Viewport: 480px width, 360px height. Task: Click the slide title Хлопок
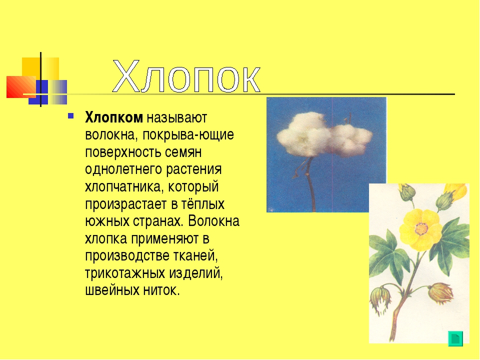click(x=186, y=76)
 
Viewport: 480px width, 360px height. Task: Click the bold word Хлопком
click(x=114, y=117)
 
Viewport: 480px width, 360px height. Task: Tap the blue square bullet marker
click(x=70, y=115)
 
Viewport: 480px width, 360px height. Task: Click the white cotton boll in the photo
click(x=324, y=134)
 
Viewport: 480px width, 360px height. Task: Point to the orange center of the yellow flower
click(x=421, y=228)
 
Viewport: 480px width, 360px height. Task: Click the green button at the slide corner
click(x=455, y=338)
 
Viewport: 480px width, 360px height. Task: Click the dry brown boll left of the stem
click(x=381, y=299)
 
